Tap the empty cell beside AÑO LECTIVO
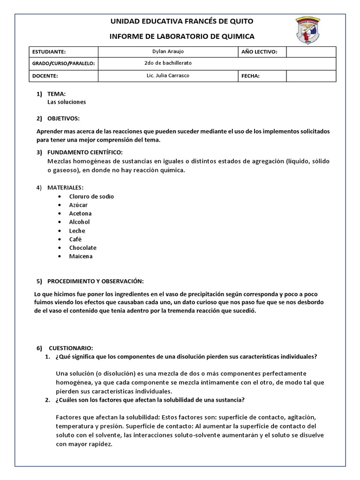click(311, 52)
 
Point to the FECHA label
click(250, 75)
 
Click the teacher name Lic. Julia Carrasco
click(168, 75)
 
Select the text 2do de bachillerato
click(168, 63)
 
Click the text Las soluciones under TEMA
click(67, 102)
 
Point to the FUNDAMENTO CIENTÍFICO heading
click(85, 153)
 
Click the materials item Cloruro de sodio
click(91, 196)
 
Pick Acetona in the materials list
click(81, 214)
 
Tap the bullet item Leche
click(77, 231)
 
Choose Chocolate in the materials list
click(83, 248)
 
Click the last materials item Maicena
click(81, 256)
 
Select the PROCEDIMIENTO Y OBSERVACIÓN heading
click(95, 281)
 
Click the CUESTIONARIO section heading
click(71, 348)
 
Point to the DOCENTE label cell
click(45, 75)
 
